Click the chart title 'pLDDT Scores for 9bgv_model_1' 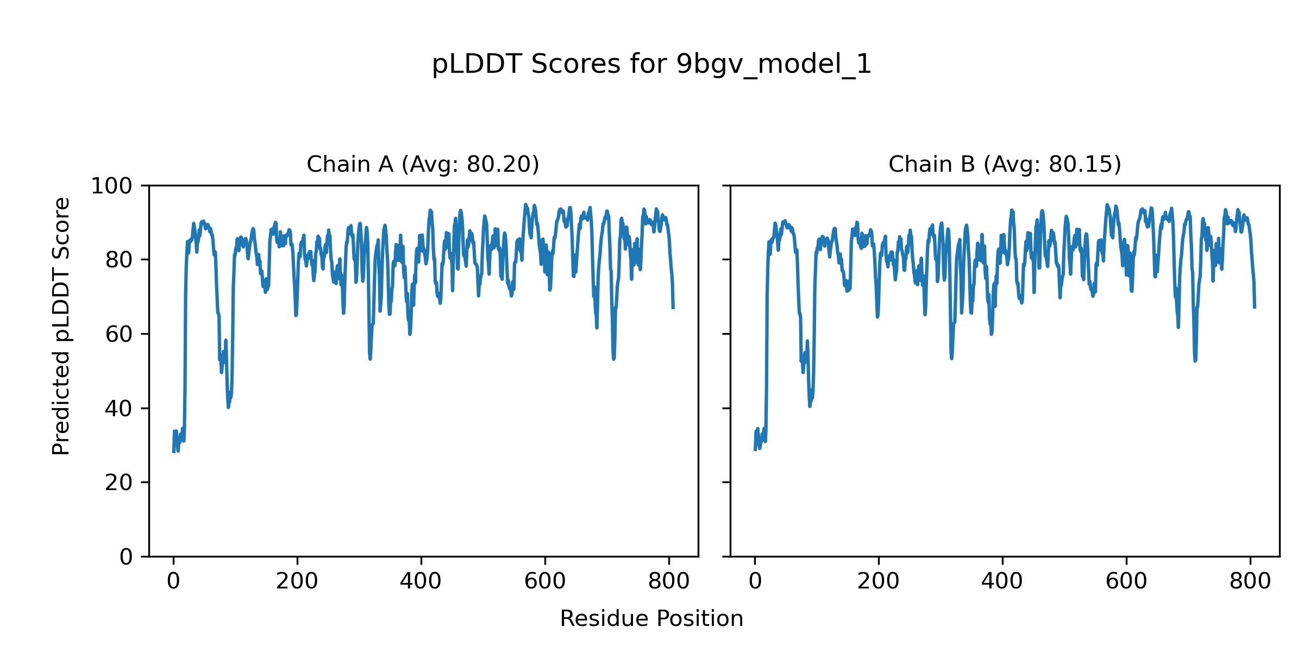(651, 65)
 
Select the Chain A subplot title (423, 164)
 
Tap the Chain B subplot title (1005, 164)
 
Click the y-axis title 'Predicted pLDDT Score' (61, 326)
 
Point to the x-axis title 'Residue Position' (651, 619)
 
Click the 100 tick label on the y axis (111, 186)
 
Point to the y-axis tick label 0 (126, 557)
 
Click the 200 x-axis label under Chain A (297, 582)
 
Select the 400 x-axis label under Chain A (421, 582)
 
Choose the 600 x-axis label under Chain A (545, 582)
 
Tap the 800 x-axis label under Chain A (669, 582)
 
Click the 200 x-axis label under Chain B (879, 582)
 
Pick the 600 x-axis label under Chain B (1126, 582)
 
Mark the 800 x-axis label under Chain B (1250, 582)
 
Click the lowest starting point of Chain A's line (173, 452)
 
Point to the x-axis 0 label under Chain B (755, 582)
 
